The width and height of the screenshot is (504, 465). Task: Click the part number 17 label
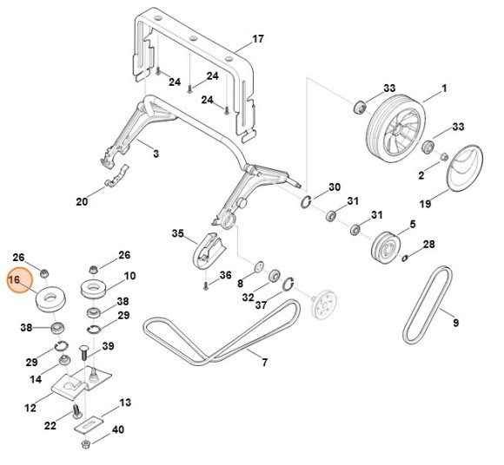click(x=258, y=39)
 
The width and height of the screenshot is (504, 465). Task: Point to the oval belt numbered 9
click(x=428, y=305)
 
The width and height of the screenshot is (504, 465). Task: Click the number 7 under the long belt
click(x=264, y=363)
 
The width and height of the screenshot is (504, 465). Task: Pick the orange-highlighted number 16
click(x=15, y=280)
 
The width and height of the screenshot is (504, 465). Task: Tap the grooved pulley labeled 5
click(x=386, y=247)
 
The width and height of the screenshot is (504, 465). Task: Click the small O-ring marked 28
click(x=405, y=257)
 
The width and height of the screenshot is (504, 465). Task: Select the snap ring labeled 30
click(x=306, y=202)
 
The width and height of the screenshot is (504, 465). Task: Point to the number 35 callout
click(x=178, y=233)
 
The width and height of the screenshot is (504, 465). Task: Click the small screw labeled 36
click(x=206, y=285)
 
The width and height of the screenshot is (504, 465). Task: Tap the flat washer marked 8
click(x=259, y=266)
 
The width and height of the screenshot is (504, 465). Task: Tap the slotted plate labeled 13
click(x=88, y=425)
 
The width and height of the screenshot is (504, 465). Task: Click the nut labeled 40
click(x=86, y=444)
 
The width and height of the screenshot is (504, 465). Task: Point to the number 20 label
click(x=82, y=201)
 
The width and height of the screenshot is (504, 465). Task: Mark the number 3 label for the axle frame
click(x=156, y=154)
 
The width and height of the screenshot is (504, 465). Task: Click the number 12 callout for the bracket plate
click(x=30, y=408)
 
